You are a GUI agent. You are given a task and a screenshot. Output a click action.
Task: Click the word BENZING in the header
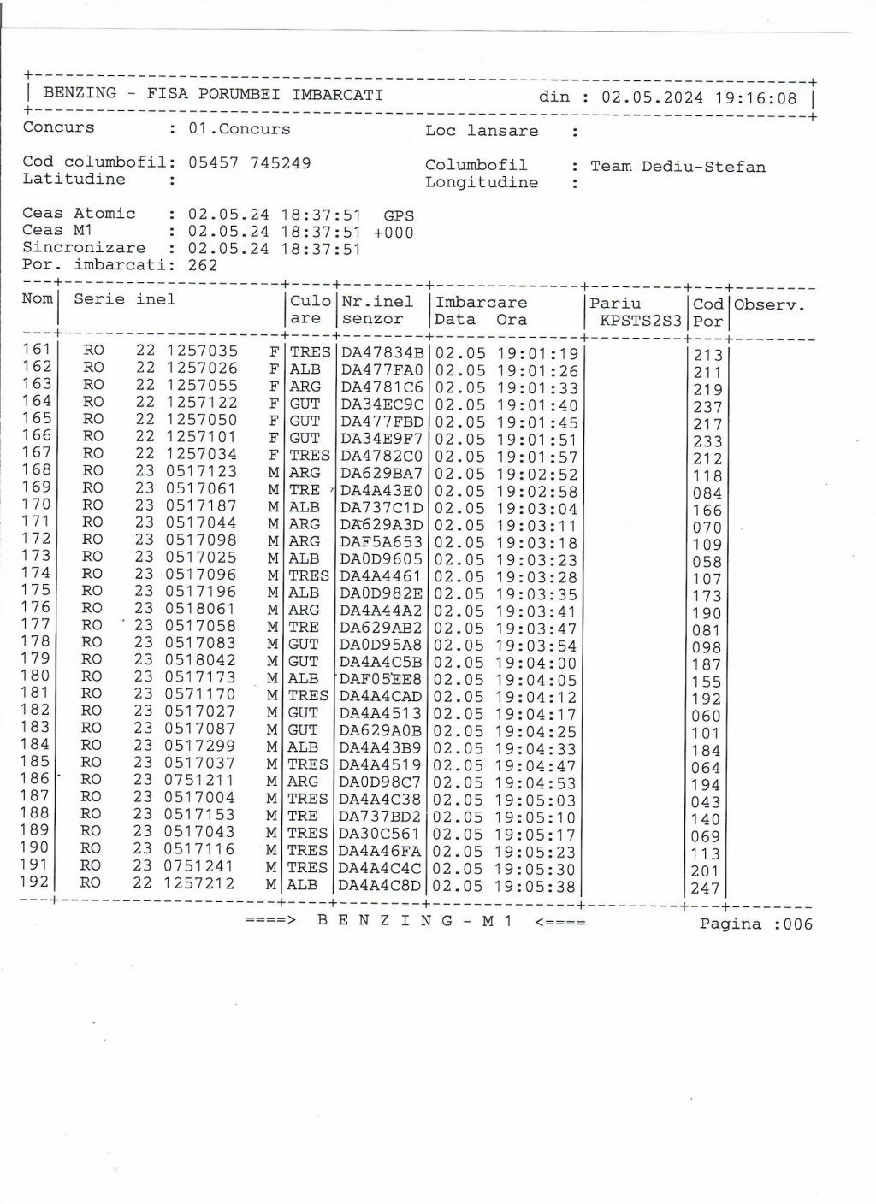coord(80,93)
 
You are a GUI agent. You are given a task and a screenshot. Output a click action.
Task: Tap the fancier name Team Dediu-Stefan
coord(678,167)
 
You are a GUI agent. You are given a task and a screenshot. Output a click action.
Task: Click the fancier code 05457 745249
coord(249,162)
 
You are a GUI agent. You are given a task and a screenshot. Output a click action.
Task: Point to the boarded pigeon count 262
coord(203,265)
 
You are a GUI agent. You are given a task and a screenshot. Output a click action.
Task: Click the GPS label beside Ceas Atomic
coord(399,215)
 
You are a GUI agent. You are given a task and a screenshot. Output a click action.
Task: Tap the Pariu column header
coord(615,303)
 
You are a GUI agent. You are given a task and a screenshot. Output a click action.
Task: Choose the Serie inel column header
coord(124,299)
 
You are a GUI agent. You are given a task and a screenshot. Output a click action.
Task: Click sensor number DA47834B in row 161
coord(382,353)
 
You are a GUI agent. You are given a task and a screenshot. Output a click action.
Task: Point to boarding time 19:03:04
coord(537,509)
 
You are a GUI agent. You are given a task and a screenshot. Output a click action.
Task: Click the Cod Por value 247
coord(707,888)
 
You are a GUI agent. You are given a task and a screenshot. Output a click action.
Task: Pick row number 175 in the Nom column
coord(36,590)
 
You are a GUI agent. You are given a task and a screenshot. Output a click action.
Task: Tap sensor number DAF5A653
coord(381,542)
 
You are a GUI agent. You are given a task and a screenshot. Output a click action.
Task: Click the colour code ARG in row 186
coord(303,782)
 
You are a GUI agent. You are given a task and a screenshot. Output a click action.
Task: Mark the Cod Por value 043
coord(707,802)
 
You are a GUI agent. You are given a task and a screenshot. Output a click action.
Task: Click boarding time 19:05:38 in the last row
coord(536,887)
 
